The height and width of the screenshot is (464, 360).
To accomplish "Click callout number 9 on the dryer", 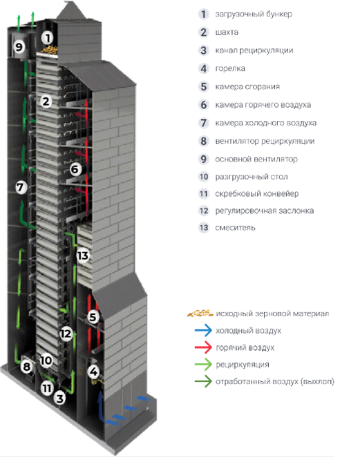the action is pyautogui.click(x=19, y=47).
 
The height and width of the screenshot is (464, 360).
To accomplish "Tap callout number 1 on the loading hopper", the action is pyautogui.click(x=47, y=38).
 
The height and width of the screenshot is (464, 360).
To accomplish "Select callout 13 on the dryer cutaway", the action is pyautogui.click(x=83, y=255).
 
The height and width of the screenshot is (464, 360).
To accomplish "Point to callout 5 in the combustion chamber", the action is pyautogui.click(x=93, y=317).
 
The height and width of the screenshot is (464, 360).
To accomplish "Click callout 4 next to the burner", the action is pyautogui.click(x=93, y=371).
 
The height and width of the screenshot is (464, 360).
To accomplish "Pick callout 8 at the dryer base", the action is pyautogui.click(x=27, y=367).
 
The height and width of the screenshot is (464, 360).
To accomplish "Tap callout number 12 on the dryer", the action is pyautogui.click(x=66, y=334).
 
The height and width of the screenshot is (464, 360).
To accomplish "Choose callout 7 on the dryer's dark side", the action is pyautogui.click(x=21, y=187).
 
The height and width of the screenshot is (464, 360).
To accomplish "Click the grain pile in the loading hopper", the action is pyautogui.click(x=49, y=50).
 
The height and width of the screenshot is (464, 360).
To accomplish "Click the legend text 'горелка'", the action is pyautogui.click(x=230, y=68).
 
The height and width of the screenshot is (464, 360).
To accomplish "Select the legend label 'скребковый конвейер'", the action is pyautogui.click(x=256, y=194).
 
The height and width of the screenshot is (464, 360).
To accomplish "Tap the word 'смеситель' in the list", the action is pyautogui.click(x=235, y=228).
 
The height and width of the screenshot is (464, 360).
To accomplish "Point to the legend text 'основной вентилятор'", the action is pyautogui.click(x=256, y=159).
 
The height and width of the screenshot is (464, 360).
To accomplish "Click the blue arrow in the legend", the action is pyautogui.click(x=203, y=330).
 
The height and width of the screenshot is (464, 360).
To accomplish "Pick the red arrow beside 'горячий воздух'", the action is pyautogui.click(x=203, y=347).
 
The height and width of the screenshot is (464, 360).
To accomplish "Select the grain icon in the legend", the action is pyautogui.click(x=200, y=313).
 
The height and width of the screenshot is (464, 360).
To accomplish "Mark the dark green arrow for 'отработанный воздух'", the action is pyautogui.click(x=203, y=381).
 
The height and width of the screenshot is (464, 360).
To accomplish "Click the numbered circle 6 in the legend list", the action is pyautogui.click(x=203, y=105).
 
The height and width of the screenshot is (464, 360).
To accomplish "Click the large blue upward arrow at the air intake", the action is pyautogui.click(x=101, y=406).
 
